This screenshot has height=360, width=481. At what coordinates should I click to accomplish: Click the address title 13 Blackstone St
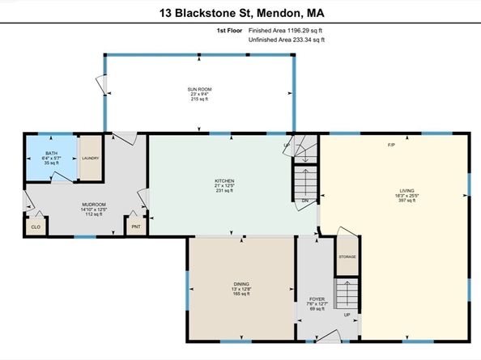240,13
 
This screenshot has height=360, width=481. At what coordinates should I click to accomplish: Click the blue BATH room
51,158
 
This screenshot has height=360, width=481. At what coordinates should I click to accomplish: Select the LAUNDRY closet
89,157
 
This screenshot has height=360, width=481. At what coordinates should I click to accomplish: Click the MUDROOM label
94,204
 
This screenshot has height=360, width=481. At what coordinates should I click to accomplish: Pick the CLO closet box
36,227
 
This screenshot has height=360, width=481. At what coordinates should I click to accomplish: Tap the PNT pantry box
134,227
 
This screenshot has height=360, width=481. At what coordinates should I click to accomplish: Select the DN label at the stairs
304,200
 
